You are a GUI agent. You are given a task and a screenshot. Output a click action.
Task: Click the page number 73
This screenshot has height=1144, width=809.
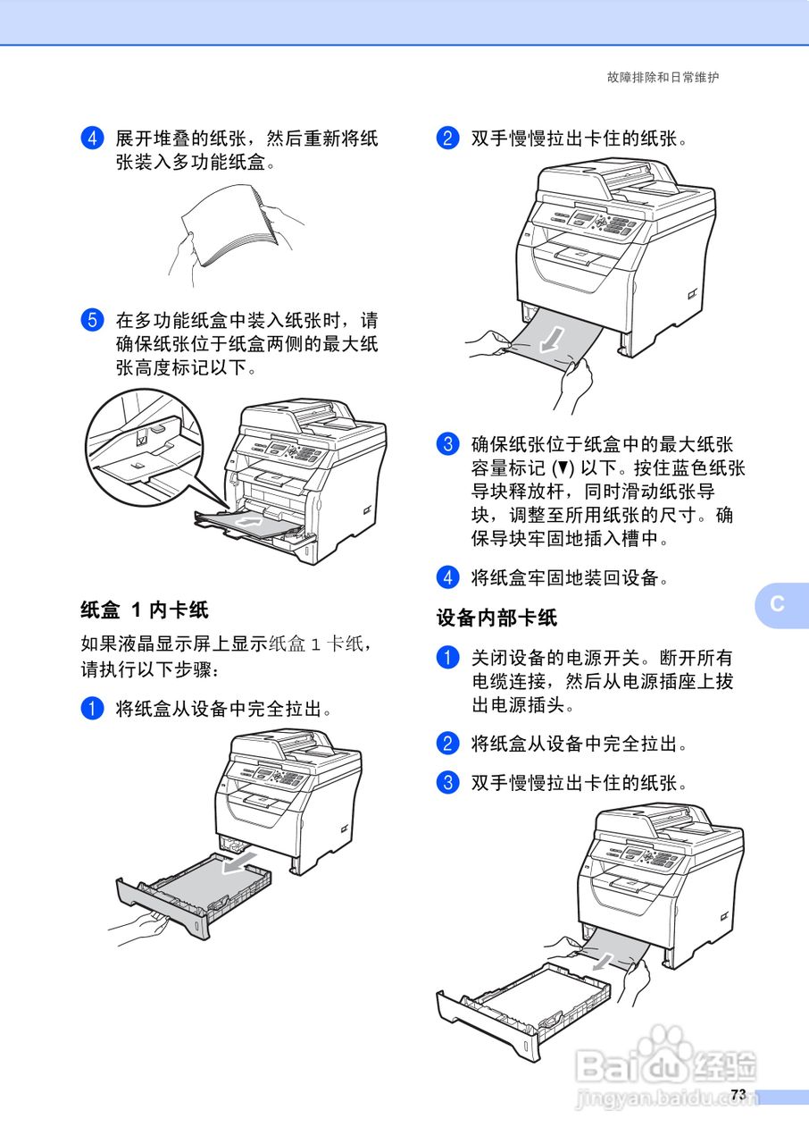point(738,1095)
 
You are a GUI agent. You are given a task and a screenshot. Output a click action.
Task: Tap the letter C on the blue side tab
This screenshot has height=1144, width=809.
point(778,603)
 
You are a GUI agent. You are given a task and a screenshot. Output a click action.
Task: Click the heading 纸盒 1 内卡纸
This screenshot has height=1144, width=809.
point(145,610)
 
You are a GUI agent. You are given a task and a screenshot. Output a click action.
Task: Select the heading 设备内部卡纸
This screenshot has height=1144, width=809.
point(496,617)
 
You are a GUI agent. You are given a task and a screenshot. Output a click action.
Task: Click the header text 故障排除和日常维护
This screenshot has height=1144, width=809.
point(663,78)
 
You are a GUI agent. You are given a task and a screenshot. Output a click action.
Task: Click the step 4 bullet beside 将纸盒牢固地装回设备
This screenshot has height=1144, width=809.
point(447,577)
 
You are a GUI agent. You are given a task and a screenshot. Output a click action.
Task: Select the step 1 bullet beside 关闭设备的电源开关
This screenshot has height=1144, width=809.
point(447,658)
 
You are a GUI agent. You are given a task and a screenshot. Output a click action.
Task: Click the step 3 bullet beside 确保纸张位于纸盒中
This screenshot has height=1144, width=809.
point(447,444)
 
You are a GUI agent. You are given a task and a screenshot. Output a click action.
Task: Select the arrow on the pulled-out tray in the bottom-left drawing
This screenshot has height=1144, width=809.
point(238,862)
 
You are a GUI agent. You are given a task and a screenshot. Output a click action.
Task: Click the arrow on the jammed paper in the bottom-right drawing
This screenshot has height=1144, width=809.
point(606,960)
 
